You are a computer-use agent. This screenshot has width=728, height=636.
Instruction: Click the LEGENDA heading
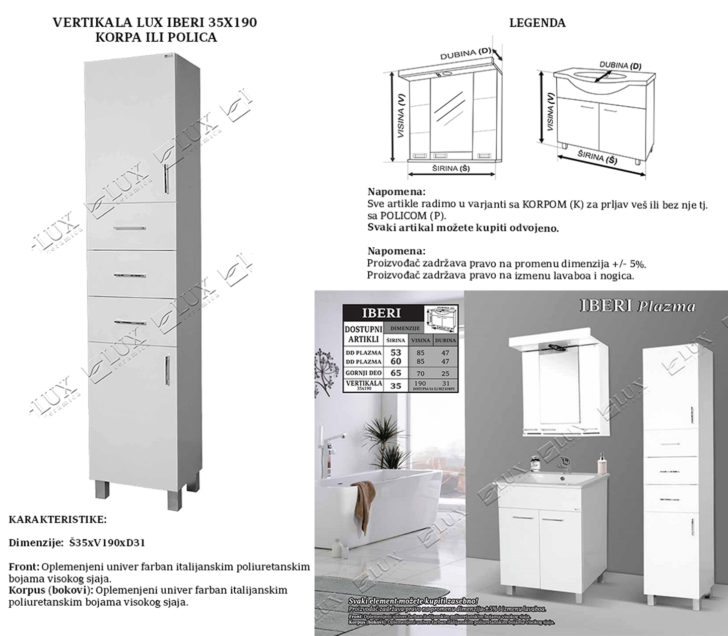[537, 23]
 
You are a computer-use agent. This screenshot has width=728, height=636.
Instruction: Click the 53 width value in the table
[395, 352]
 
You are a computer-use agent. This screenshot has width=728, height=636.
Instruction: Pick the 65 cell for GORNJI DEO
[395, 373]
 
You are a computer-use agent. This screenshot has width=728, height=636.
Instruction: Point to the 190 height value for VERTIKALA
[420, 384]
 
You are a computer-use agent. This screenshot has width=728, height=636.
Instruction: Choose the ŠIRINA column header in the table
[395, 340]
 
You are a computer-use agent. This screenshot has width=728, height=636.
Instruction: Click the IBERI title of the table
[381, 313]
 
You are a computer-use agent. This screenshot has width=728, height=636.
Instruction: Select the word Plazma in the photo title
[666, 306]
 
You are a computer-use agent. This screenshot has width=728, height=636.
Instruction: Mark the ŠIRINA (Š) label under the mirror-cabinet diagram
[451, 168]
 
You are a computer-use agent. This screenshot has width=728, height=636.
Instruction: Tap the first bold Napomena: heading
[396, 192]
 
